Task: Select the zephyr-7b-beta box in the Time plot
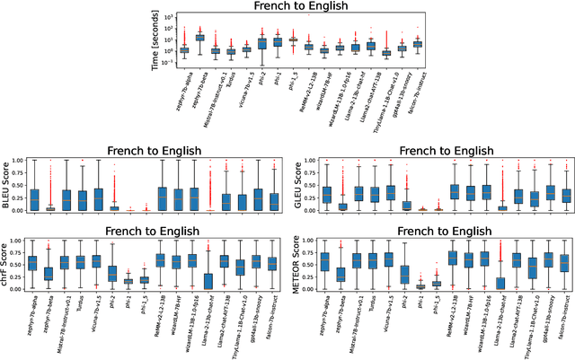coord(199,38)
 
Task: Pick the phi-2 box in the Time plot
coord(262,43)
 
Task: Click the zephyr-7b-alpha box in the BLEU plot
coord(34,199)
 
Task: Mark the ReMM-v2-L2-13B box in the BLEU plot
coord(162,198)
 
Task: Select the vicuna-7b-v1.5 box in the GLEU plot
coord(390,192)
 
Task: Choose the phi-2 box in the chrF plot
coord(112,273)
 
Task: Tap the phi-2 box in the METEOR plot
coord(404,274)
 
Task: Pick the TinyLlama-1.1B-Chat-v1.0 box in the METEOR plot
coord(533,266)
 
